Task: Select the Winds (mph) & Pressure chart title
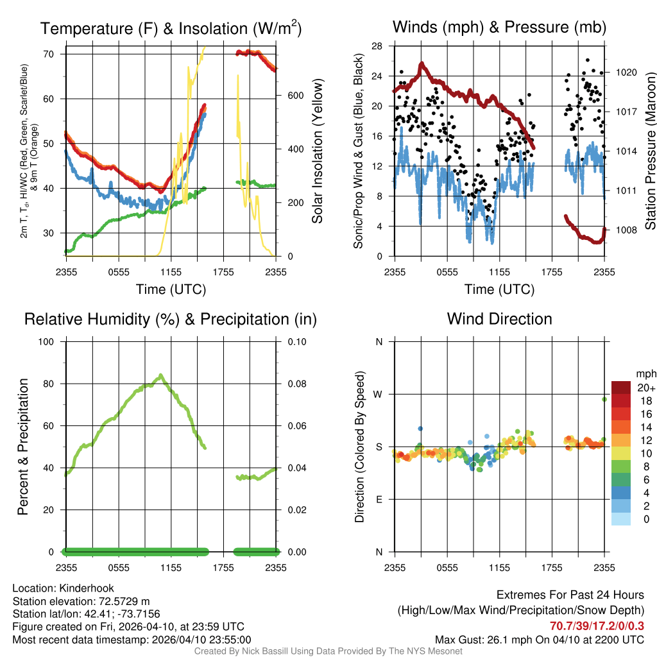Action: [499, 28]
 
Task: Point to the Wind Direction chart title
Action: [499, 319]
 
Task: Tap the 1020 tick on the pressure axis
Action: [626, 72]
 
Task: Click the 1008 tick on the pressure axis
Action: [626, 230]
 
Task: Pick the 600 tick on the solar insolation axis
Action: [294, 96]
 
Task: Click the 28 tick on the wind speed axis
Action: [377, 46]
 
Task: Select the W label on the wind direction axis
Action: [379, 394]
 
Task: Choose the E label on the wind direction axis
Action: [379, 499]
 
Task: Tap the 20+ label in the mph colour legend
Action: [645, 388]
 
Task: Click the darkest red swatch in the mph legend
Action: [620, 388]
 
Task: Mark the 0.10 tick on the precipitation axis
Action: [296, 341]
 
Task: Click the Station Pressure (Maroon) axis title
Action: [650, 151]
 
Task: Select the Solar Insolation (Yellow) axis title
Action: [317, 151]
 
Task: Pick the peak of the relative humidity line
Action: [161, 375]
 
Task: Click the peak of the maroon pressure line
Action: [422, 64]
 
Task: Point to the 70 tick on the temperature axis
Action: [47, 54]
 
